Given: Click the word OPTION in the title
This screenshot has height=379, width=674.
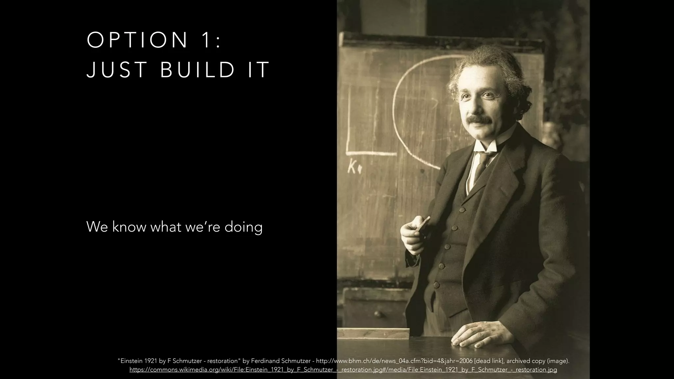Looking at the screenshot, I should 137,40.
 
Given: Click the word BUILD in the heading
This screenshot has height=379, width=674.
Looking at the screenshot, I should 197,70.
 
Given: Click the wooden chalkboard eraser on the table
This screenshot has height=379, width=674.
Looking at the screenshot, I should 374,333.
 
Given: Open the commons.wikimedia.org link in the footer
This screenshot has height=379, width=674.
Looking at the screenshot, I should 343,370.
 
